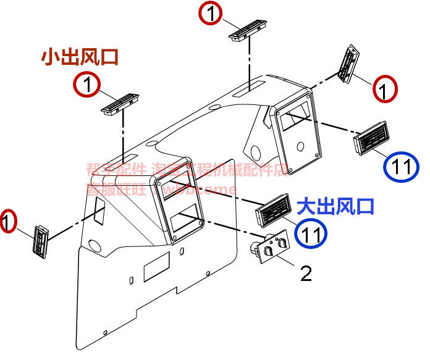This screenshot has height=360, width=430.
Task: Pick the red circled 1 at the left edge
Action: [7, 221]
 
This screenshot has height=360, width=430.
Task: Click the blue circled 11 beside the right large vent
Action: [400, 167]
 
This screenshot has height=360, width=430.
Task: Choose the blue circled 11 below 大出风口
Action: [311, 233]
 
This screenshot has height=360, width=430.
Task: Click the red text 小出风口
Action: [80, 57]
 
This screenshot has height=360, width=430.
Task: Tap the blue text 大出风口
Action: [336, 206]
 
